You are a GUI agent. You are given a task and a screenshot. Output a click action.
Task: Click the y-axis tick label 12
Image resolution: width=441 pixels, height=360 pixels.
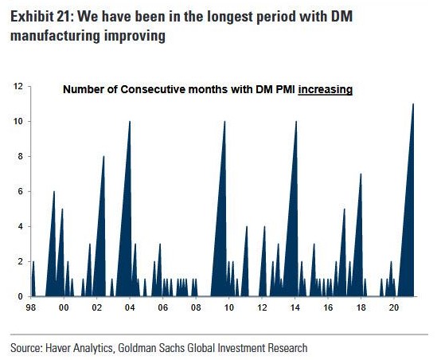[17, 86]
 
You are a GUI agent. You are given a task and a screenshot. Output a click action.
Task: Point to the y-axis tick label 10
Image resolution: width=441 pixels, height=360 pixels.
[17, 121]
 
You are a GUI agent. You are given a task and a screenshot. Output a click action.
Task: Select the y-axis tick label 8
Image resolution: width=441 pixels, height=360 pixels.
[19, 156]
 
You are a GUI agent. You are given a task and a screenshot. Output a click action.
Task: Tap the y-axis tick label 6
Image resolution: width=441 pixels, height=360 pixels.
[19, 191]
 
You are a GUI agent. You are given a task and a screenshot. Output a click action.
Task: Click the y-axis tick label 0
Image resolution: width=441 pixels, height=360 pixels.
[19, 296]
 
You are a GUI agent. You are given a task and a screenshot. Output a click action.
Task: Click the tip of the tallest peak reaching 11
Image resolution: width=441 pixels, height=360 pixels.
[413, 104]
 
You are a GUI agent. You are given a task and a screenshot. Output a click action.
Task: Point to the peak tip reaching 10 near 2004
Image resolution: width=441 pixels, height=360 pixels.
[130, 122]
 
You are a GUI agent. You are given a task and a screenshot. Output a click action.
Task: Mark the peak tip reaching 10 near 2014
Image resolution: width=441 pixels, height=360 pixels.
[295, 122]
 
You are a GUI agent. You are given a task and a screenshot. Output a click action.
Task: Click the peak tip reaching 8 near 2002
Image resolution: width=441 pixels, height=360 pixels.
[103, 157]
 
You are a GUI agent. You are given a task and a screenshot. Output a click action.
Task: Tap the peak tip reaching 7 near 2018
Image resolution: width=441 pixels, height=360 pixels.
[361, 174]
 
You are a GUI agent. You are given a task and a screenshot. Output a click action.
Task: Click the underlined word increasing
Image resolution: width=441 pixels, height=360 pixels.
[326, 90]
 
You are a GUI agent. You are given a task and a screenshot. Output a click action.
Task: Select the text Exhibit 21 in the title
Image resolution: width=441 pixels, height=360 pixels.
[39, 17]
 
